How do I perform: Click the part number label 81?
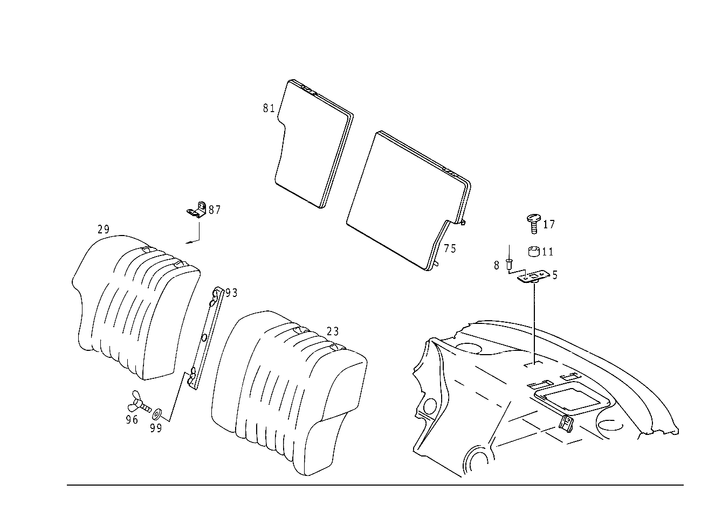click(269, 108)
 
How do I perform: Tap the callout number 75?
click(450, 248)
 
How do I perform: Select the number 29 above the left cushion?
click(104, 230)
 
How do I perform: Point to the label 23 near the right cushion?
click(333, 332)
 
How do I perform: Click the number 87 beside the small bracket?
click(215, 210)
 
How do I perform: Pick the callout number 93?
click(231, 293)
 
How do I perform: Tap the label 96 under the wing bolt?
click(132, 420)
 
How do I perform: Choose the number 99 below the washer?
click(156, 428)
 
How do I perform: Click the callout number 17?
click(549, 224)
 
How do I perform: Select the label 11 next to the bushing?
click(547, 252)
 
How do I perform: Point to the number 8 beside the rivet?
click(497, 265)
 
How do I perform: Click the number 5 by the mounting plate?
click(555, 275)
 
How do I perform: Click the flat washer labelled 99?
click(157, 414)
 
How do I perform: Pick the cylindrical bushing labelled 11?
click(534, 252)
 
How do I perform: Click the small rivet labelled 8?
click(509, 265)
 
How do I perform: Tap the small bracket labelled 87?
click(197, 210)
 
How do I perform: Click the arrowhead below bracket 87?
click(188, 243)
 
